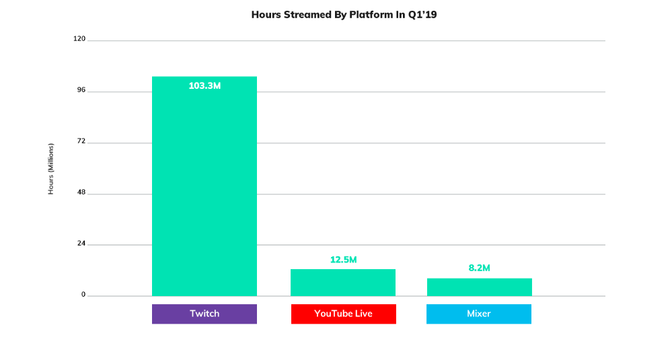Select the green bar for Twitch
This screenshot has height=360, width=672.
pyautogui.click(x=204, y=186)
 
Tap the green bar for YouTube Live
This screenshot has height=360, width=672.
pyautogui.click(x=343, y=283)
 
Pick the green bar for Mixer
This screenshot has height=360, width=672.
pyautogui.click(x=480, y=287)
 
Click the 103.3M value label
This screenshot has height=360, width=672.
pyautogui.click(x=205, y=85)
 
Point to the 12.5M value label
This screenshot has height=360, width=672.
pyautogui.click(x=343, y=260)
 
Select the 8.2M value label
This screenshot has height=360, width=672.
pyautogui.click(x=479, y=268)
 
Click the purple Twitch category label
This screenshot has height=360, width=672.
pyautogui.click(x=204, y=314)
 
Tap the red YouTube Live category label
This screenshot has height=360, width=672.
pyautogui.click(x=343, y=314)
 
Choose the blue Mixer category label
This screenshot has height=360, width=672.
pyautogui.click(x=479, y=314)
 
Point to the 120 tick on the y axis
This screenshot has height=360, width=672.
pyautogui.click(x=79, y=38)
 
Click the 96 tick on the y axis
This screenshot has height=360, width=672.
pyautogui.click(x=81, y=90)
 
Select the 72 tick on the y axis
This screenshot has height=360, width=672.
pyautogui.click(x=81, y=141)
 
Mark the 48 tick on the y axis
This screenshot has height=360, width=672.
pyautogui.click(x=81, y=192)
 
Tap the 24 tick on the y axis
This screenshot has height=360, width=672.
pyautogui.click(x=81, y=244)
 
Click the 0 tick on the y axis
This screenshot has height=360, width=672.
pyautogui.click(x=83, y=295)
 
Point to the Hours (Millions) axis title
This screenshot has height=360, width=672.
pyautogui.click(x=50, y=169)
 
